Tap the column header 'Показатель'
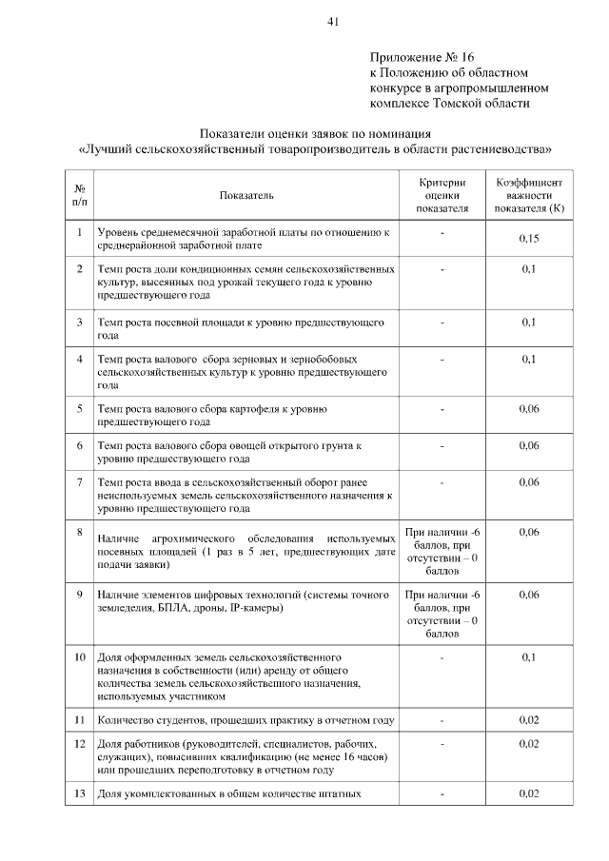coord(246,195)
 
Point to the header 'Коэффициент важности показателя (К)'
coord(529,194)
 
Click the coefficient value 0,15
coord(529,238)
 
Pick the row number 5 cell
coord(80,409)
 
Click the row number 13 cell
coord(80,793)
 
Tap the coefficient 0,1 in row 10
coord(529,657)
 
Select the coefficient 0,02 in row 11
coord(529,719)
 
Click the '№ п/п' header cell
coord(80,194)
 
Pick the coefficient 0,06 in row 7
coord(529,482)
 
